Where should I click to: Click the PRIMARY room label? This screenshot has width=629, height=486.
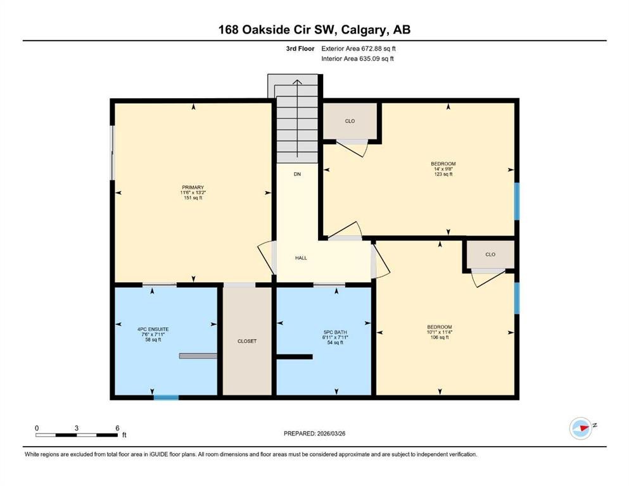(x=193, y=187)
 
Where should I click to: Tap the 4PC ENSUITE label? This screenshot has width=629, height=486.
(x=153, y=329)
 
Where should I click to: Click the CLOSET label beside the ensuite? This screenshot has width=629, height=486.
(x=247, y=341)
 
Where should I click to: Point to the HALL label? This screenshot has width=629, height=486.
(x=301, y=258)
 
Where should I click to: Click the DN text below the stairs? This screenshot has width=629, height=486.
(x=296, y=174)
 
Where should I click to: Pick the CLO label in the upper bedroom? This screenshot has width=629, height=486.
(x=350, y=121)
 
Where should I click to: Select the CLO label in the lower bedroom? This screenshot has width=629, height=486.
(x=490, y=254)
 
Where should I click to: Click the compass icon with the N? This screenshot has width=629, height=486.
(x=581, y=428)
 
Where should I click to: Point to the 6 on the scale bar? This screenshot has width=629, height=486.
(x=117, y=428)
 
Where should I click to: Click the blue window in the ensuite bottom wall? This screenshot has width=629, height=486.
(x=166, y=397)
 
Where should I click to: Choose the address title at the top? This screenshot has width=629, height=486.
(x=314, y=29)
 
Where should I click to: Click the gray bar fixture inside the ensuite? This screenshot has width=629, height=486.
(x=198, y=356)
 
